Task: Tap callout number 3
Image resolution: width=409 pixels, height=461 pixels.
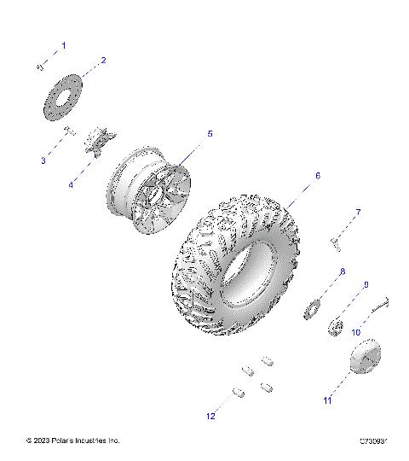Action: coord(43,160)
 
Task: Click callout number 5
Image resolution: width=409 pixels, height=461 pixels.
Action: coord(210,134)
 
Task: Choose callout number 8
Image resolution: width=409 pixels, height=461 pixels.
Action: coord(342,271)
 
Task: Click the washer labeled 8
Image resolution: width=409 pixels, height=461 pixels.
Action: coord(312,307)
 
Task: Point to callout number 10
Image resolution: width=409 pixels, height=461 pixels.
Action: coord(356,331)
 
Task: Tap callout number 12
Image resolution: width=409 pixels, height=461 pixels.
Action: coord(210,416)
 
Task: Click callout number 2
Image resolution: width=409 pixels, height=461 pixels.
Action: coord(103,61)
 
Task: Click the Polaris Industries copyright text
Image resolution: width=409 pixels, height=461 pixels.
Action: coord(73,441)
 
